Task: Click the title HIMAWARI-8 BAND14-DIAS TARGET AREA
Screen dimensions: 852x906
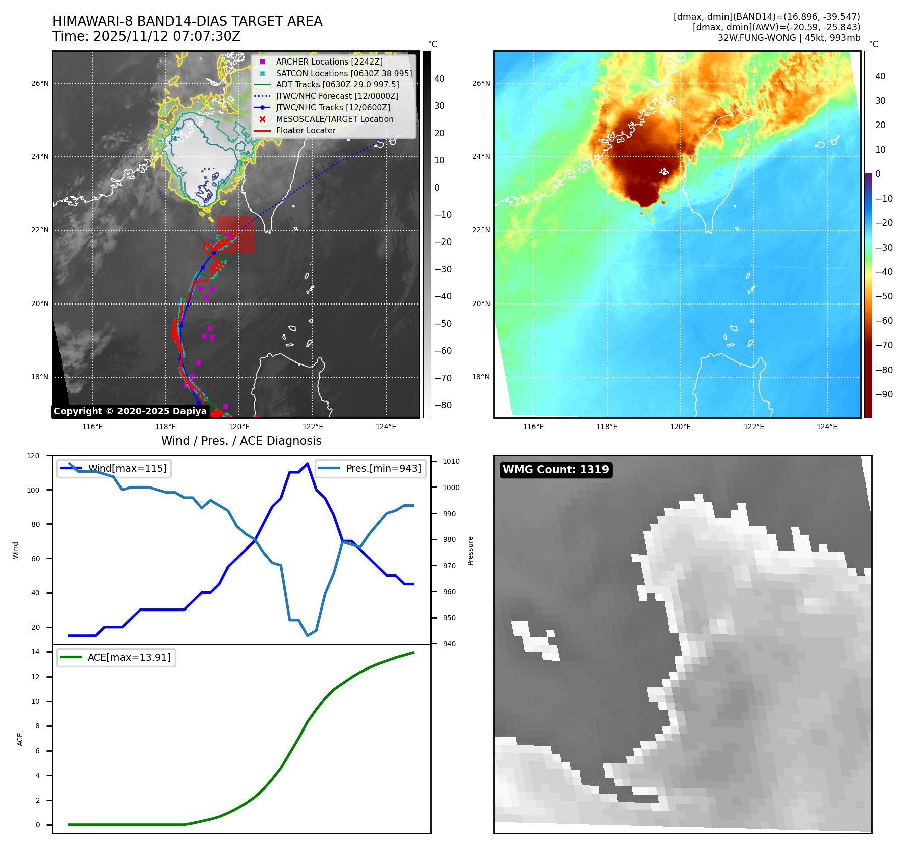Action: pos(187,21)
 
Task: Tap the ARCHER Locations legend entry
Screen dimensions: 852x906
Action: pos(329,62)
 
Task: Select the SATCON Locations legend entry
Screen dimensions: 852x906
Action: pos(343,73)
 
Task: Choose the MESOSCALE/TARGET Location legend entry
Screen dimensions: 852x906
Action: pos(334,119)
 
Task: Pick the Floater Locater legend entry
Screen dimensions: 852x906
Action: pos(306,130)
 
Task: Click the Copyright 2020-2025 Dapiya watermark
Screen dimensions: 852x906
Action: pos(130,411)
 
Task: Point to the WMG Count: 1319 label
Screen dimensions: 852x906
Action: pos(556,470)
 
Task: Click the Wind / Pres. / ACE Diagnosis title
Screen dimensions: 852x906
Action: pos(241,441)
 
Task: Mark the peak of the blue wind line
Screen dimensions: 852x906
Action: pos(308,463)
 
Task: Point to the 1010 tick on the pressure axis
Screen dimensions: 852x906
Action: pos(451,461)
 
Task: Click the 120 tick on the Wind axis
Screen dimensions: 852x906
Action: pos(33,456)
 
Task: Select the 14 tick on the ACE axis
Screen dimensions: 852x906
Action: pos(35,652)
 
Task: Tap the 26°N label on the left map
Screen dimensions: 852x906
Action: pos(40,83)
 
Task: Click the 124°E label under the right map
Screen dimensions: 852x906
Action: pos(827,427)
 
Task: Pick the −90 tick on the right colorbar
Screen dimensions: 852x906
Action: pos(884,394)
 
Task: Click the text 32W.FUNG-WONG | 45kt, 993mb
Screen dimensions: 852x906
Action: pos(789,38)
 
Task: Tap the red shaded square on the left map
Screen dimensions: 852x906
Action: pos(235,234)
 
